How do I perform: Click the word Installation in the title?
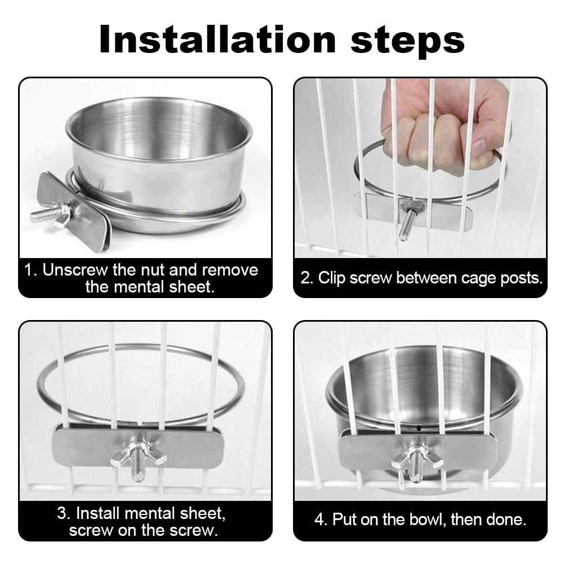(x=217, y=39)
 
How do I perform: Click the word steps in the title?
(x=407, y=41)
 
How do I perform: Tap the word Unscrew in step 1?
(x=75, y=270)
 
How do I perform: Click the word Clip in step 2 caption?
(x=332, y=278)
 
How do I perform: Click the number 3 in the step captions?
(x=63, y=513)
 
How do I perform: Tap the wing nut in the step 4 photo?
(x=418, y=459)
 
